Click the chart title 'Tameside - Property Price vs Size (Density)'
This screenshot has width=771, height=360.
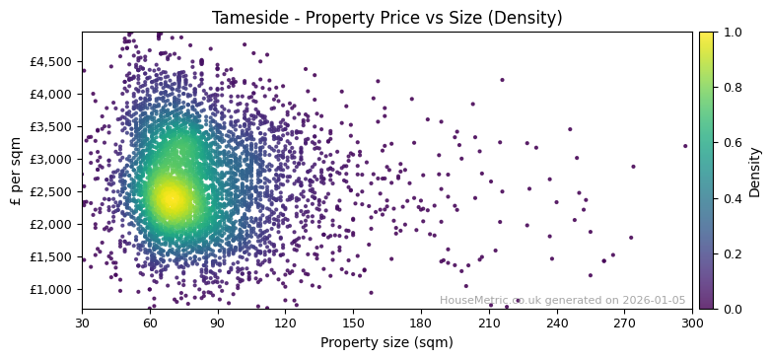tap(386, 18)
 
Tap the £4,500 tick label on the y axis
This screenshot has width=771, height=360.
tap(51, 61)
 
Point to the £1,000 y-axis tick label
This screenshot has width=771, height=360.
tap(51, 289)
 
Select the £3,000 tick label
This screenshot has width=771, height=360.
tap(51, 159)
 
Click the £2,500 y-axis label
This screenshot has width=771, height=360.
tap(51, 191)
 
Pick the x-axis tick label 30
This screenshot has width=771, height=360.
tap(82, 323)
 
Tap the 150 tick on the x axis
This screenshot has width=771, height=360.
tap(353, 323)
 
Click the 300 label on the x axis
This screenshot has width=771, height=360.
tap(692, 323)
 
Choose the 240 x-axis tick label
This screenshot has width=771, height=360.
tap(557, 323)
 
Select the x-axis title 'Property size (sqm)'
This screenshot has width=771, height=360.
tap(386, 342)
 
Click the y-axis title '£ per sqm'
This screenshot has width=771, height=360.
tap(16, 171)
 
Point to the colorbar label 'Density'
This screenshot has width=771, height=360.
tap(755, 171)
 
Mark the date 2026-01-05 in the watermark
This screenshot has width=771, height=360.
tap(655, 301)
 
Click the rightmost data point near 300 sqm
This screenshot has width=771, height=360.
tap(685, 146)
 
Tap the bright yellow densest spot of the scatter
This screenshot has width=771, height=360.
tap(170, 198)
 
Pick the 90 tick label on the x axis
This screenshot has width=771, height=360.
tap(217, 323)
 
